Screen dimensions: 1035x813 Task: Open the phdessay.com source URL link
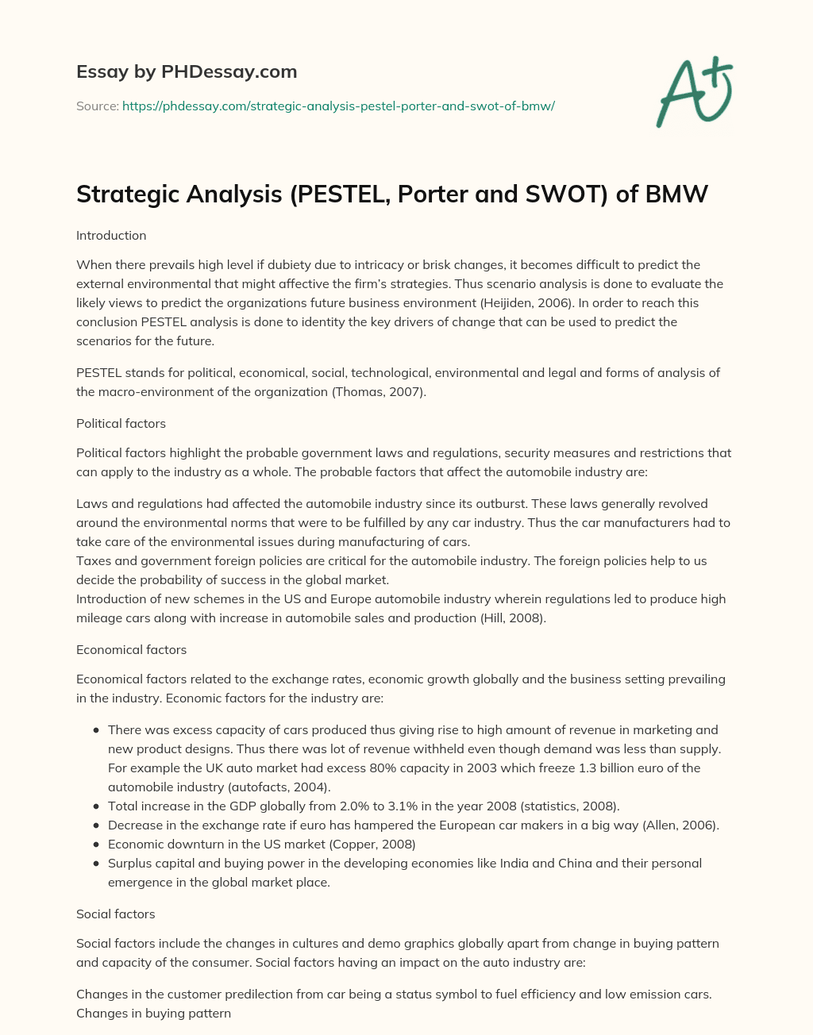(338, 106)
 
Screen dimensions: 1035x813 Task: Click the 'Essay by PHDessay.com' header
(187, 71)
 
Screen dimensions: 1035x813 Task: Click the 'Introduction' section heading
(111, 236)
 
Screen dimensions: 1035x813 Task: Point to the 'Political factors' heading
(121, 424)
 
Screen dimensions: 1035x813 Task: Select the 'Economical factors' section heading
(131, 650)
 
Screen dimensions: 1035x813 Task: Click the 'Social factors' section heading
(115, 914)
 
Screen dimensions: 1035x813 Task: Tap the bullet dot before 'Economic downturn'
(96, 844)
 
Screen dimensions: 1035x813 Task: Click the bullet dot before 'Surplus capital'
(96, 863)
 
